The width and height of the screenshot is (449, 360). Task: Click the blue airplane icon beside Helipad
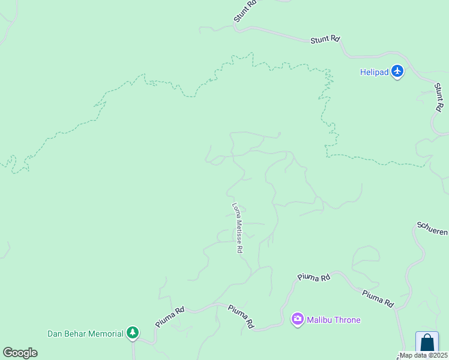coord(397,72)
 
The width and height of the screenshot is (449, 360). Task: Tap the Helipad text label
coord(375,73)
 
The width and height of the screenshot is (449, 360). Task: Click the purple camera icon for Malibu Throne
coord(297,320)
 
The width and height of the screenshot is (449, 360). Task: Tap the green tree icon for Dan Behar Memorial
coord(133,333)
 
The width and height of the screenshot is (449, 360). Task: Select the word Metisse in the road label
coord(238,231)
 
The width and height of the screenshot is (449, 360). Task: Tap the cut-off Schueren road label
coord(433,229)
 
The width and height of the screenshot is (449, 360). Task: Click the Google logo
coord(20,353)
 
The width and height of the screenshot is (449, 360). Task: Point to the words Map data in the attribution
coord(414,355)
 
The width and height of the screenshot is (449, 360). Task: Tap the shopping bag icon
coord(427,343)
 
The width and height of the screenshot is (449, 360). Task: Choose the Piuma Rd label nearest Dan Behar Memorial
coord(170,318)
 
